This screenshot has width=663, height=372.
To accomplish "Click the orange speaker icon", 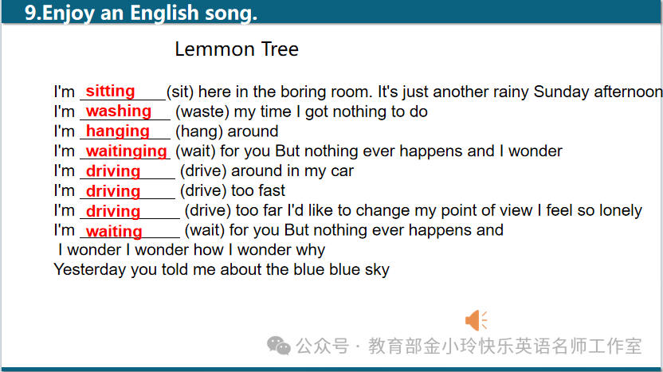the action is pos(476,320).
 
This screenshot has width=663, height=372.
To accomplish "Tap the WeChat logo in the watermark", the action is pos(279,346).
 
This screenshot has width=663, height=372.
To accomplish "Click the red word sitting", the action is pos(110,91).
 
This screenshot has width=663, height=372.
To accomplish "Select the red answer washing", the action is pos(119,111).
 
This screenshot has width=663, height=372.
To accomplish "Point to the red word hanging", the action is pos(118,131).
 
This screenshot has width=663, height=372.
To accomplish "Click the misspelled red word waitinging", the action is pos(127,151).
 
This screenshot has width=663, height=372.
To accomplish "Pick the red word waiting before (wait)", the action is pos(114,231).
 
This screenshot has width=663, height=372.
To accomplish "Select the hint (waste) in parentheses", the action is pos(202,112).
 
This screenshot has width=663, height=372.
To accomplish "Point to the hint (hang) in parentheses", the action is pos(199,131).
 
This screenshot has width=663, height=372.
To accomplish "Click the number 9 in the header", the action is pos(30,13).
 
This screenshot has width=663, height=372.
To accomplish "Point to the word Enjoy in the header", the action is pos(69,13).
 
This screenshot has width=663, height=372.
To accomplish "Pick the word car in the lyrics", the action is pos(343,170).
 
